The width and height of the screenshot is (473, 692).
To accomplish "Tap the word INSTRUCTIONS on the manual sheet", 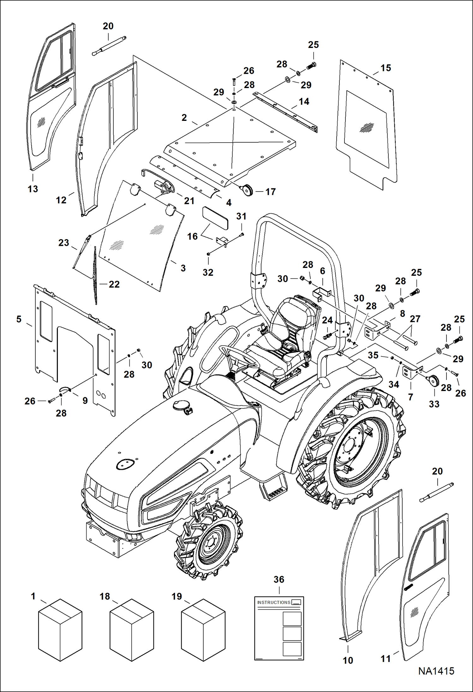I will coord(273,602).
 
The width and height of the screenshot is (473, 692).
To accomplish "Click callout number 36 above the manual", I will coord(279,579).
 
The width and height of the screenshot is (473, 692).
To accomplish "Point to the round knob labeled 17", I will coord(247,190).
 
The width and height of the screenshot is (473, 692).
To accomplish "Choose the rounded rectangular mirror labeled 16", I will coord(215,218).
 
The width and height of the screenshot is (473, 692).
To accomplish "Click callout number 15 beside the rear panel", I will coord(386,68).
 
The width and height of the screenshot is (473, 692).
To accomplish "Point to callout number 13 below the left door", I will coord(33,189).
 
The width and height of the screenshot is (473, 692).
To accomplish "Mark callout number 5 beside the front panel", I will coord(19,319).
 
